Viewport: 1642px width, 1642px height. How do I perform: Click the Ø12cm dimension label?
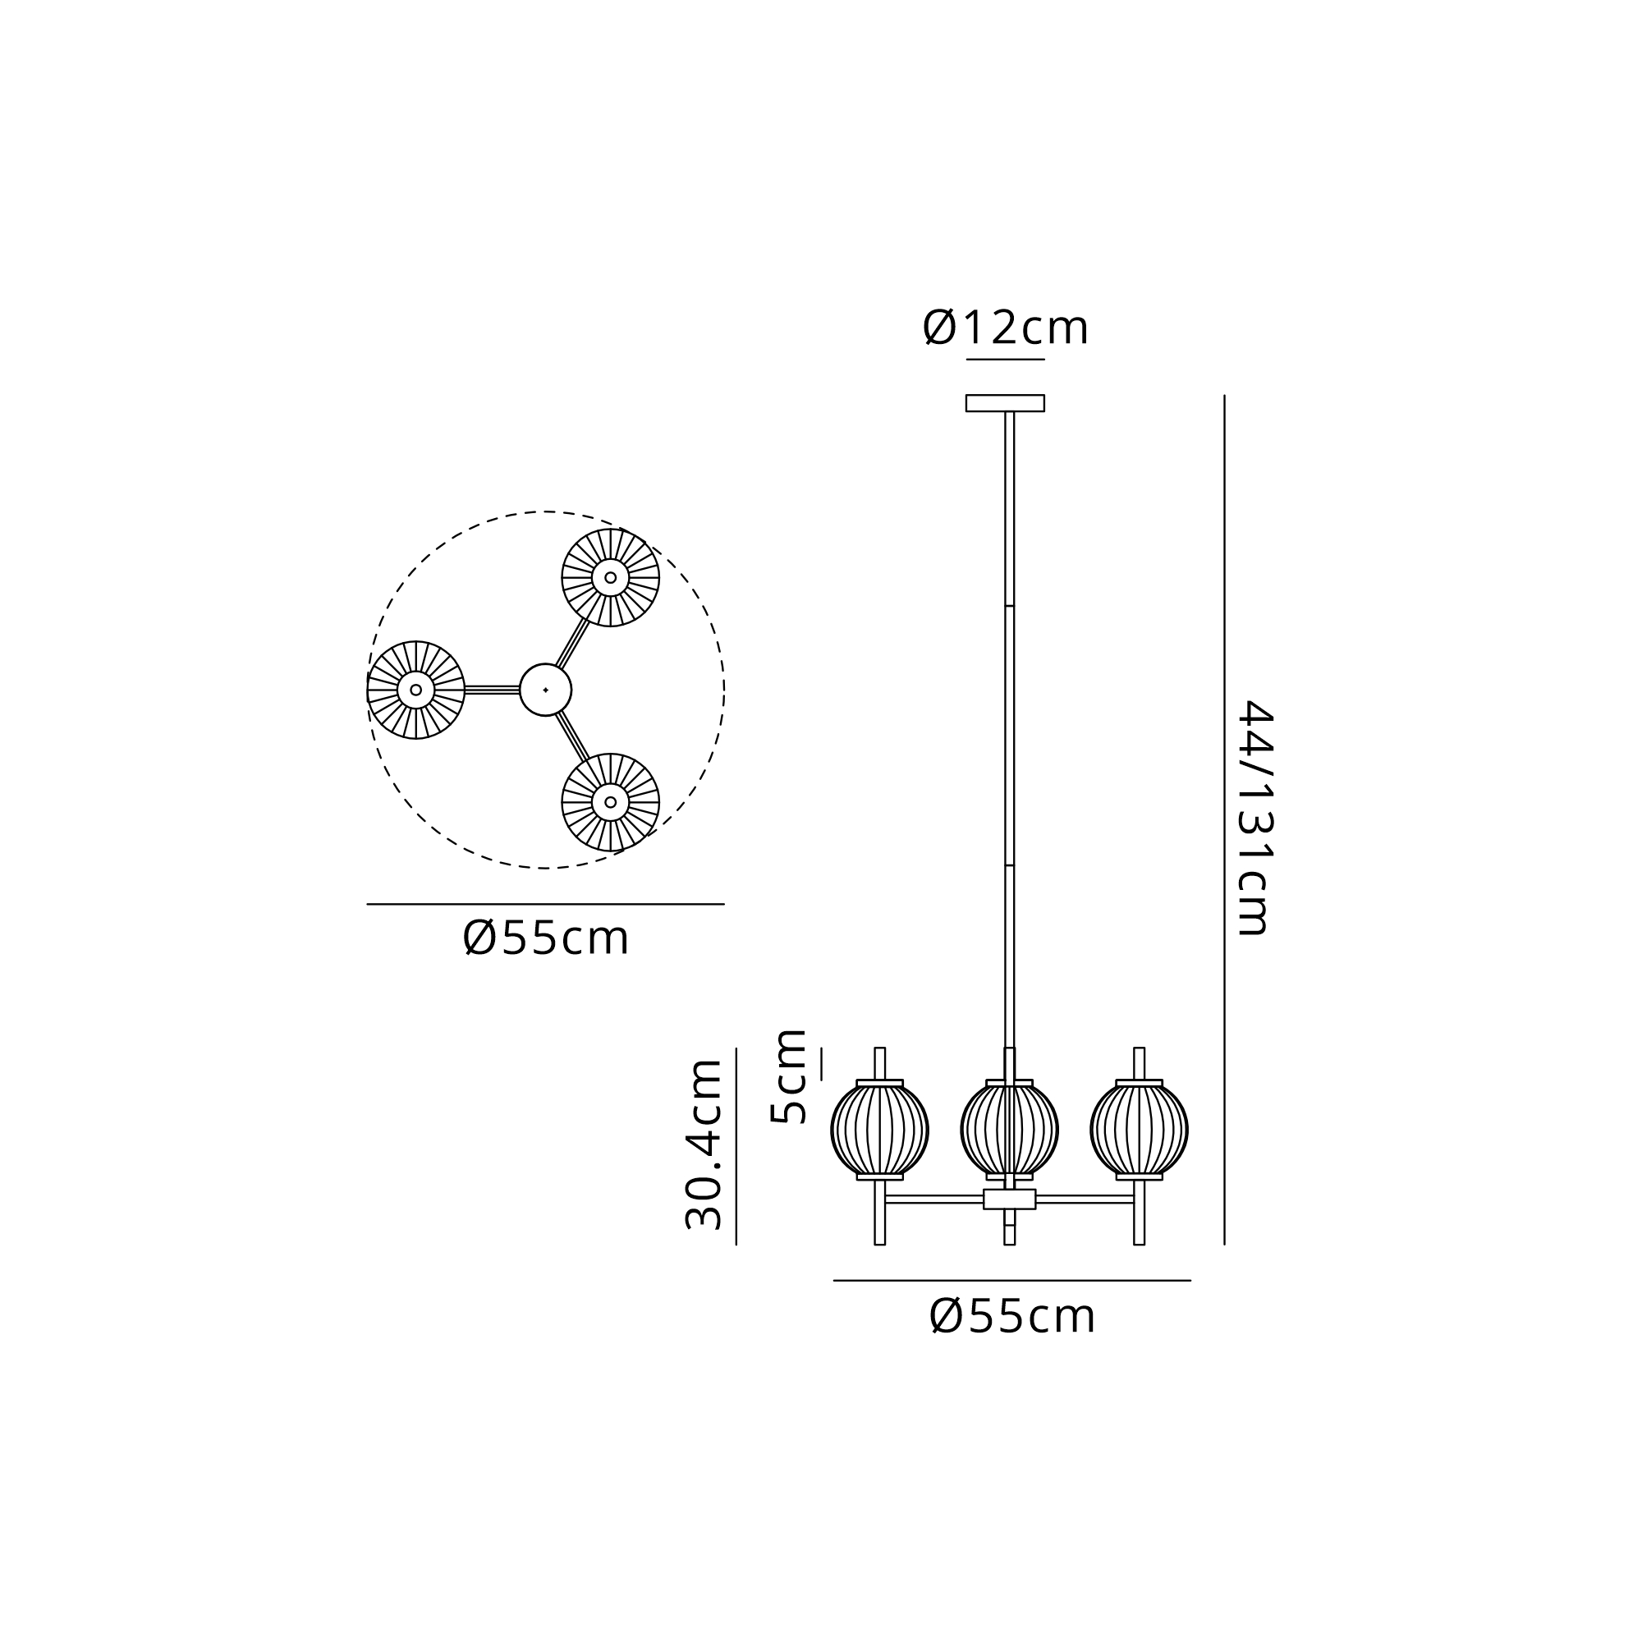click(x=1005, y=328)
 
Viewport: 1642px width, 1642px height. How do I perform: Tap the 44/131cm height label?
click(x=1254, y=818)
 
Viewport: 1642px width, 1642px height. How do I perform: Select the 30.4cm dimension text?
click(x=704, y=1144)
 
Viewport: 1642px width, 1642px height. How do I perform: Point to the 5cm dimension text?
click(x=788, y=1077)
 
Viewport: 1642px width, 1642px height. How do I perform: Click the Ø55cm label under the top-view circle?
click(x=546, y=938)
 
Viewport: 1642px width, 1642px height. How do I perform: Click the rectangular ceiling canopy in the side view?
click(x=1005, y=403)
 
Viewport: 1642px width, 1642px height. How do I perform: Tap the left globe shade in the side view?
click(x=879, y=1131)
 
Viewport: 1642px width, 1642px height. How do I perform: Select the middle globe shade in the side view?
click(x=1010, y=1131)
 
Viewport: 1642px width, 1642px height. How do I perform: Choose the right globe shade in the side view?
click(x=1139, y=1131)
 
